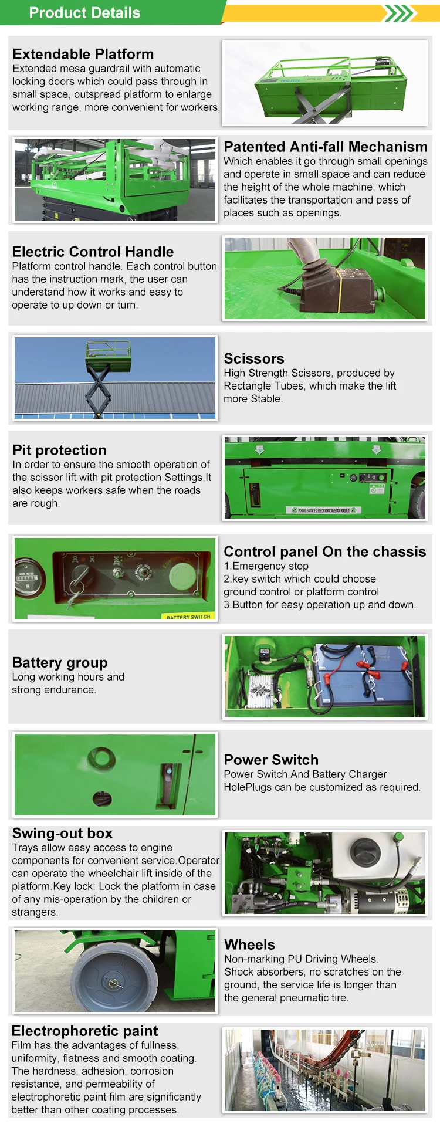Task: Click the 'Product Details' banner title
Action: [x=84, y=13]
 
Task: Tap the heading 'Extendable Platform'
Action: [x=83, y=54]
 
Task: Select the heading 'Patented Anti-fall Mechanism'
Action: [x=326, y=147]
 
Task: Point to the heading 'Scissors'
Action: [x=254, y=358]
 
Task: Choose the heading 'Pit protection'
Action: [x=59, y=450]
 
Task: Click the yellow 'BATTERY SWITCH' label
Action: [x=188, y=617]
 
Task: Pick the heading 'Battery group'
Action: [x=60, y=662]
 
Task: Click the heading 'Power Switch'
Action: [x=271, y=760]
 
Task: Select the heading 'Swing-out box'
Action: [x=62, y=833]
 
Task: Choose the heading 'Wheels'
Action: [x=250, y=944]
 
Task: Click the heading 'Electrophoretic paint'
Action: [x=85, y=1031]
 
